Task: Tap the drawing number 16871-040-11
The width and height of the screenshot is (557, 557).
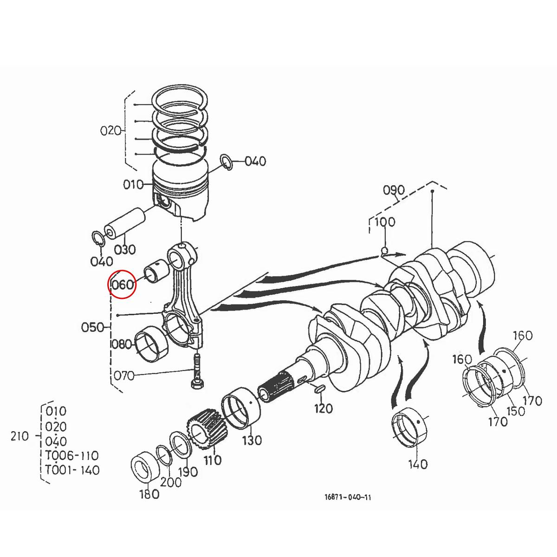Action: (348, 497)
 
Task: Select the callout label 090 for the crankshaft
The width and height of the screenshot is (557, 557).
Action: (394, 190)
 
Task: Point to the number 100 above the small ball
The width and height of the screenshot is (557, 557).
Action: (384, 222)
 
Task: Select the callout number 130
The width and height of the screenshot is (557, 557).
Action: (252, 440)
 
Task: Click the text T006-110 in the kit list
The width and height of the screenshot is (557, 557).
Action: (72, 455)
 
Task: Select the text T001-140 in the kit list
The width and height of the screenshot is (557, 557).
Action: (72, 470)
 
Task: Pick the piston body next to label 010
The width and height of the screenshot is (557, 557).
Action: (181, 193)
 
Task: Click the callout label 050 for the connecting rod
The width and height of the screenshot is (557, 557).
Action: (93, 327)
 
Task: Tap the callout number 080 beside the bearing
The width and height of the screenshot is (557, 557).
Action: (122, 344)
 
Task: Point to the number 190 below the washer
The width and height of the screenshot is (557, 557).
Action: (188, 472)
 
